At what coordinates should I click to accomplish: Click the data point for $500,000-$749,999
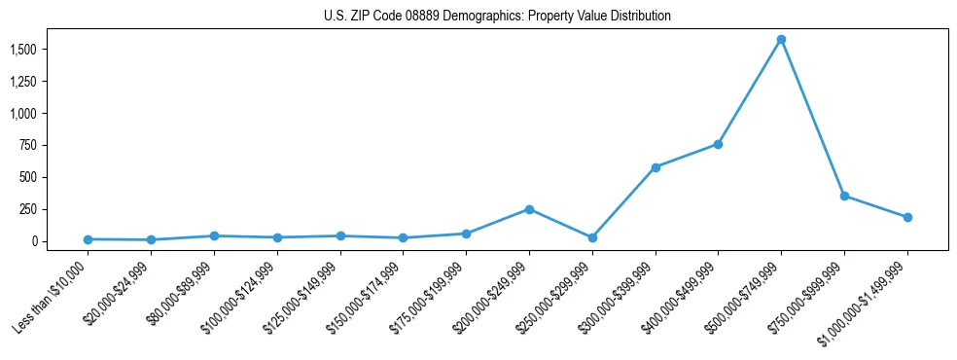click(x=781, y=40)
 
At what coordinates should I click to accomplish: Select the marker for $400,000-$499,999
click(x=718, y=144)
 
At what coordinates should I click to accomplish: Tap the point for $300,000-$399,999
click(x=656, y=167)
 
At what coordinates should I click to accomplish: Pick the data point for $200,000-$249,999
click(x=529, y=209)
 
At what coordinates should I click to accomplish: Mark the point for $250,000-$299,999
click(x=592, y=237)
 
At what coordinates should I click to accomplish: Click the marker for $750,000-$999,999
click(x=844, y=196)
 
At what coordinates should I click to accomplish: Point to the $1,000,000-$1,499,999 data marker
click(x=907, y=217)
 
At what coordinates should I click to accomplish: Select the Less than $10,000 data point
click(x=88, y=239)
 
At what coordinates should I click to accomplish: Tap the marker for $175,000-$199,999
click(x=466, y=234)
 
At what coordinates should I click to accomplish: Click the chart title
click(x=497, y=17)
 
